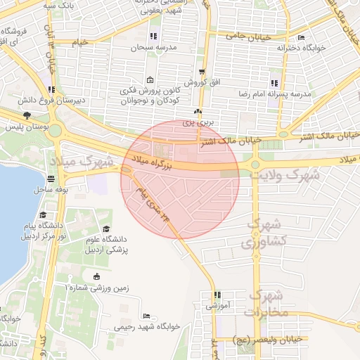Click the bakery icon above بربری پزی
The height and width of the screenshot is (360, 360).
[x=198, y=112]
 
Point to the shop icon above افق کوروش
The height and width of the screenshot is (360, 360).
[x=202, y=72]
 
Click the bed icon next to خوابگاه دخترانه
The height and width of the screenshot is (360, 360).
[x=302, y=38]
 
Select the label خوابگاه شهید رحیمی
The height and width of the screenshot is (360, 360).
[x=148, y=327]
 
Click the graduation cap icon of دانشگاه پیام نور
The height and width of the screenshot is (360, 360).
[x=43, y=214]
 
